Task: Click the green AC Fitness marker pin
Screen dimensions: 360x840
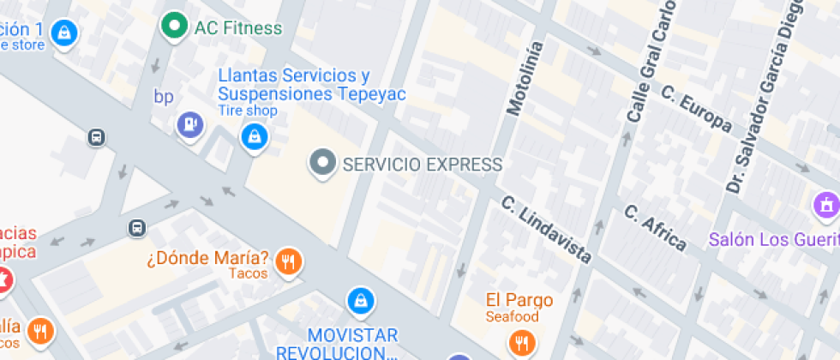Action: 175,27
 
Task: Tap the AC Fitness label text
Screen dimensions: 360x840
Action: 237,28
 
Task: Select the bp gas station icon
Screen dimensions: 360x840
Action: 189,125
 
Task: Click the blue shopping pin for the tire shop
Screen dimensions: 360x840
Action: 254,136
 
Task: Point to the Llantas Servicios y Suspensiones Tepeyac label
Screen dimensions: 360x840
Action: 311,85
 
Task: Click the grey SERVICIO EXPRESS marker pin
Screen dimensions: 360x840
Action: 322,163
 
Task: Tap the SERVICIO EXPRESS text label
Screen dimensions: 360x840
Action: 422,165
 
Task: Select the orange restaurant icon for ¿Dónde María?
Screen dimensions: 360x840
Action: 291,261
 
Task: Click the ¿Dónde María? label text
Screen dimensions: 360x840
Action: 207,257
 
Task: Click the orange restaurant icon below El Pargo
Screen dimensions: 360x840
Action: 520,344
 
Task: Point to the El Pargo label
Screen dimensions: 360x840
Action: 519,300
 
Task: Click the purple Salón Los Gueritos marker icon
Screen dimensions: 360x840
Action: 825,206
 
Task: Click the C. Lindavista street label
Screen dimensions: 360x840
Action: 547,230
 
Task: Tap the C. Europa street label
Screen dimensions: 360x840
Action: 696,111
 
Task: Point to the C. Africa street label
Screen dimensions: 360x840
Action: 655,228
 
